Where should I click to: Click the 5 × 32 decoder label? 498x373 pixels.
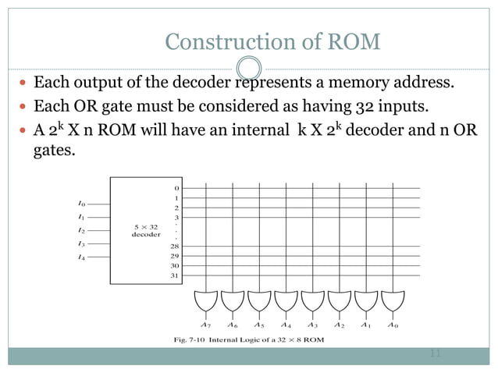tap(146, 230)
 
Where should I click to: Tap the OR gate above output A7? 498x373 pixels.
tap(205, 300)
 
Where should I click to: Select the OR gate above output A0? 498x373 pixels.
tap(393, 300)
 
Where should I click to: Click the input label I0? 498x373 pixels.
tap(81, 204)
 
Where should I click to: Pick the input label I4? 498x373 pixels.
tap(81, 258)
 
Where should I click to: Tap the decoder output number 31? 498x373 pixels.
tap(176, 275)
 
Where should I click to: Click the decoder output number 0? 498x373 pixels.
tap(176, 188)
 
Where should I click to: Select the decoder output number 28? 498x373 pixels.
tap(176, 247)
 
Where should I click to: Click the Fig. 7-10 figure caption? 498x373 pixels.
tap(249, 341)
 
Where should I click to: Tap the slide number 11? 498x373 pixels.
tap(436, 354)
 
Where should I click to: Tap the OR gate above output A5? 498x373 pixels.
tap(259, 300)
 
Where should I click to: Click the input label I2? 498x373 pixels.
tap(81, 231)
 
